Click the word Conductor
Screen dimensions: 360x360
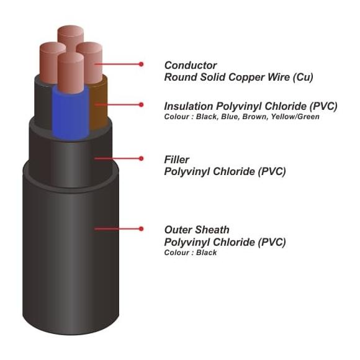tap(191, 65)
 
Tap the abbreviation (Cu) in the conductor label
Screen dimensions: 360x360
tap(303, 77)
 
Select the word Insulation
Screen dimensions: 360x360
tap(189, 106)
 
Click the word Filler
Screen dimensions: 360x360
tap(176, 160)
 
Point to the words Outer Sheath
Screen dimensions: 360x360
tap(197, 230)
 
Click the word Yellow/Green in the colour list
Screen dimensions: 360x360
tap(295, 117)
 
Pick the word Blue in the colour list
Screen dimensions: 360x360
tap(230, 117)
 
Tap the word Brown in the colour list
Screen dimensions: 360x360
tap(255, 117)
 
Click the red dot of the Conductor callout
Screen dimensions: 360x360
tap(141, 65)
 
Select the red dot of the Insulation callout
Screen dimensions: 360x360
tap(141, 105)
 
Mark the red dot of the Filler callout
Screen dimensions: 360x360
tap(141, 158)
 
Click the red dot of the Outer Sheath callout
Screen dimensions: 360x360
tap(141, 228)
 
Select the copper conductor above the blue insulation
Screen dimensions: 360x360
tap(71, 73)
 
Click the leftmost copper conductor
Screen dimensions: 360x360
tap(50, 62)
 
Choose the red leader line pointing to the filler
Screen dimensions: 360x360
tap(117, 158)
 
